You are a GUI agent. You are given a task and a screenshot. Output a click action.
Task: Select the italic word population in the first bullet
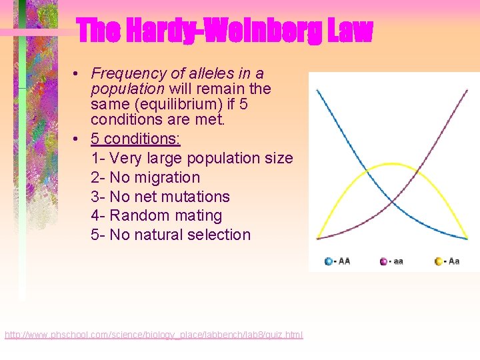point(127,89)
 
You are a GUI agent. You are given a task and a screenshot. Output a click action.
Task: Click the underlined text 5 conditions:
point(135,139)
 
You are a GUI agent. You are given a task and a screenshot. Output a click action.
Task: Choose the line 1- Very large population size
point(191,158)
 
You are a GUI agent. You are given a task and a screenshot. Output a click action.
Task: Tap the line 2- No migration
point(145,177)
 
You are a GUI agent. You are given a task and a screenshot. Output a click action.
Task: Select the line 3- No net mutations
point(160,197)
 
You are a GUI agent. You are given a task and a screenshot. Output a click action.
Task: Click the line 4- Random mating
point(156,215)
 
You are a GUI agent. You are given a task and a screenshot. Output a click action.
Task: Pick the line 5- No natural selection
point(171,235)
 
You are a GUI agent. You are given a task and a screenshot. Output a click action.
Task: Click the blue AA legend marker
point(329,261)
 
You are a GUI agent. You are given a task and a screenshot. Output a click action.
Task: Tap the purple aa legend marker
point(383,261)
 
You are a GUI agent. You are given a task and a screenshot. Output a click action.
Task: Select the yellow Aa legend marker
point(439,261)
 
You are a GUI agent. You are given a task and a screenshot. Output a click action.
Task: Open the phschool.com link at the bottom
point(153,335)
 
